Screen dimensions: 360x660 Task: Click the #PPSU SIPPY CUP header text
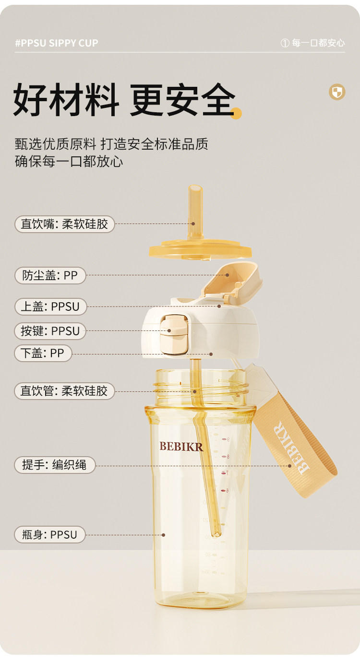(x=57, y=43)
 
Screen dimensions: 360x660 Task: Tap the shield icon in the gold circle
(x=337, y=92)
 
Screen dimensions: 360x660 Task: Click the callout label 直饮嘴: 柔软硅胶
(x=65, y=224)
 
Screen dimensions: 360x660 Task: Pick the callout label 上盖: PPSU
(x=50, y=306)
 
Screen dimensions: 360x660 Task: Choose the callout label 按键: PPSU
(x=50, y=331)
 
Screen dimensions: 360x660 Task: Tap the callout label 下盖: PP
(x=43, y=354)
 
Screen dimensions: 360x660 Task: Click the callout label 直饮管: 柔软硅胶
(x=64, y=391)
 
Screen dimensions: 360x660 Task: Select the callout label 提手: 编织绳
(x=55, y=465)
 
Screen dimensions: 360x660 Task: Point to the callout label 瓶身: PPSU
(x=50, y=534)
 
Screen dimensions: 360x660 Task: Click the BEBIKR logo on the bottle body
(x=181, y=447)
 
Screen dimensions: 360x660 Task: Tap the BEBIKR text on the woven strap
(x=292, y=447)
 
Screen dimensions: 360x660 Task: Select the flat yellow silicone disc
(x=200, y=250)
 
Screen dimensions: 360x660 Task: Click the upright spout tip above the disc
(x=195, y=201)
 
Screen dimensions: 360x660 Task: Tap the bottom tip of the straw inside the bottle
(x=217, y=532)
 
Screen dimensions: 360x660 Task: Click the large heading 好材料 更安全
(x=124, y=100)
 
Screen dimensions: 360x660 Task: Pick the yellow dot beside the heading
(x=236, y=114)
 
